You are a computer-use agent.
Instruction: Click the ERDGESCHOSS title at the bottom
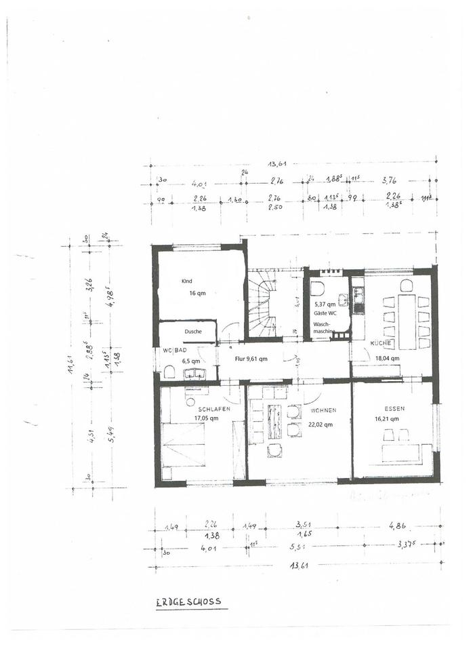[188, 601]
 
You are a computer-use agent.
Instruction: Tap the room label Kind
[186, 281]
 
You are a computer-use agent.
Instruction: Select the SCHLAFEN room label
[214, 410]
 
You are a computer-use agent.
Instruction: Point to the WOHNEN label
[323, 410]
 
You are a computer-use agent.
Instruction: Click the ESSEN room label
[394, 409]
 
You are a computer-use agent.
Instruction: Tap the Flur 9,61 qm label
[251, 358]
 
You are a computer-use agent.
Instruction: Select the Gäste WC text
[325, 314]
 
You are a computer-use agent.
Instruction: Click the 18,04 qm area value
[387, 358]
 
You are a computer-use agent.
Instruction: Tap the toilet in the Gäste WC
[317, 289]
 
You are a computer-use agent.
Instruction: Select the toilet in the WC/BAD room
[169, 372]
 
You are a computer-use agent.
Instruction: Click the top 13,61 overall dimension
[277, 163]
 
